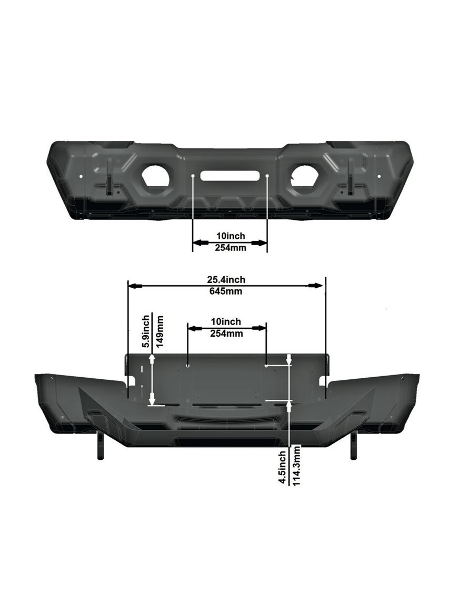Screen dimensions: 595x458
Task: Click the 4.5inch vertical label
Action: pos(283,466)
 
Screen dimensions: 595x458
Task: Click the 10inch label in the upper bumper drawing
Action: pos(230,236)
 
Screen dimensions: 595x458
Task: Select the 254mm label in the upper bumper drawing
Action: pos(230,248)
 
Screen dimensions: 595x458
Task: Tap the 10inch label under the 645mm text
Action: pos(226,321)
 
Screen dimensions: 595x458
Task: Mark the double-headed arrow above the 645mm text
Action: pos(226,285)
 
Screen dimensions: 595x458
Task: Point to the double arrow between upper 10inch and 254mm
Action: pos(230,243)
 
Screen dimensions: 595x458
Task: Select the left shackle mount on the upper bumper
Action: pos(109,177)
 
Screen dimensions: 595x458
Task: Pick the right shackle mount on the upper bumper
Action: pos(351,177)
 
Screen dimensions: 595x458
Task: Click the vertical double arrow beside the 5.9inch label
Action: pos(152,379)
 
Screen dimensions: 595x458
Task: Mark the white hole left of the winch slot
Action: pos(194,175)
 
